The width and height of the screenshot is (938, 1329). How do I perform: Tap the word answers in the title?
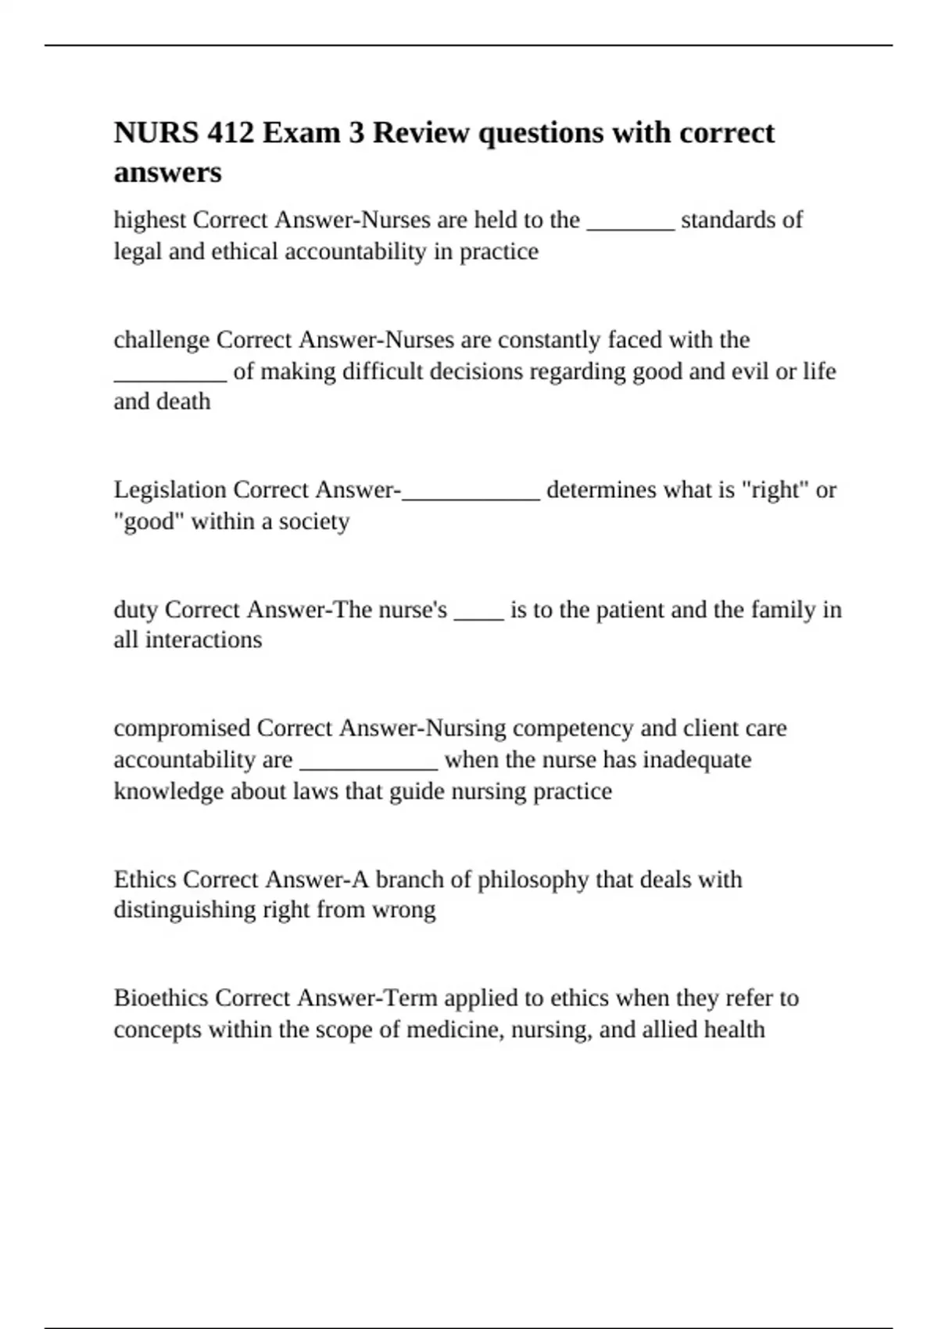point(167,173)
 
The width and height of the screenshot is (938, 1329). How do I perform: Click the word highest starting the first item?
point(150,220)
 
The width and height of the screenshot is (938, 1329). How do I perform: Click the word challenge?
point(162,340)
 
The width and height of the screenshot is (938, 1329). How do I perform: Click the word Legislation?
point(170,490)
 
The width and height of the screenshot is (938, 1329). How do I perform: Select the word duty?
point(136,610)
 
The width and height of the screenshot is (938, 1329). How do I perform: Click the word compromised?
point(182,729)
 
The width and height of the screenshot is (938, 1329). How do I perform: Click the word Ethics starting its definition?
point(145,879)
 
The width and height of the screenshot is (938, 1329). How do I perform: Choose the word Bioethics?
point(161,998)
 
